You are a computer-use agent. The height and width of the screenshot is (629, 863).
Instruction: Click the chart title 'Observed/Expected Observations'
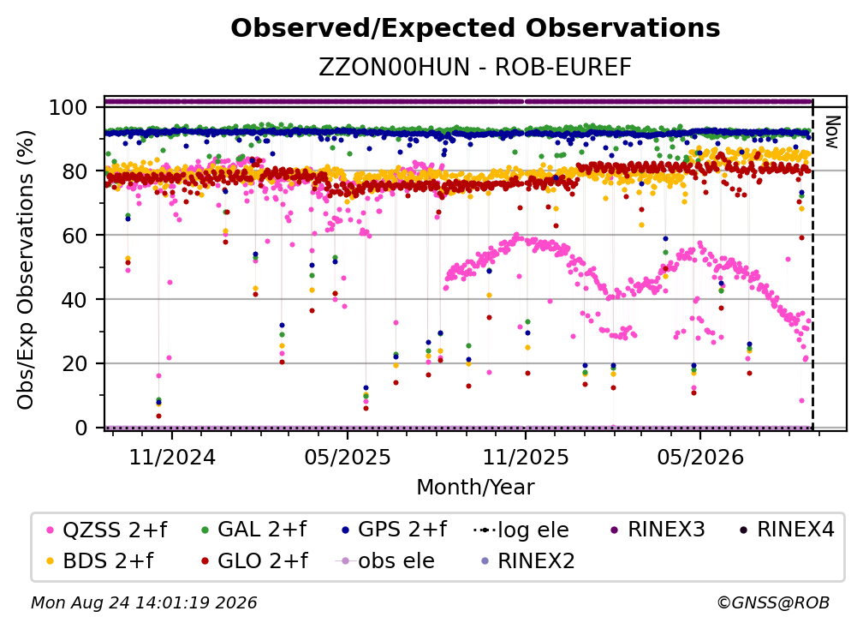point(475,28)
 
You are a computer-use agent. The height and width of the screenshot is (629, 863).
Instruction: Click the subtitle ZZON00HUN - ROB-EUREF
point(475,67)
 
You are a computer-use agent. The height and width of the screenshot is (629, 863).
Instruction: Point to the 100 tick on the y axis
point(68,107)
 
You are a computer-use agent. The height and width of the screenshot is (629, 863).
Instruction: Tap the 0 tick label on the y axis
point(81,428)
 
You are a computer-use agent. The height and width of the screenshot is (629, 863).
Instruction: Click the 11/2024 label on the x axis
point(172,457)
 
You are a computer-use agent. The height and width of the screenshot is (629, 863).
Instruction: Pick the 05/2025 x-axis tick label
point(348,457)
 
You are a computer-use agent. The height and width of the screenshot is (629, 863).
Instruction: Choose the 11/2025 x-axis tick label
point(526,457)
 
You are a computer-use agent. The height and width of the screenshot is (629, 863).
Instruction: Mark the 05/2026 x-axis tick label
point(700,457)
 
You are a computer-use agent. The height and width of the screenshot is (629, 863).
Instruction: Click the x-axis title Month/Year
point(475,487)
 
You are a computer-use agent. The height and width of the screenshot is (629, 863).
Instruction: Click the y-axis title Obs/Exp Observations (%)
point(26,270)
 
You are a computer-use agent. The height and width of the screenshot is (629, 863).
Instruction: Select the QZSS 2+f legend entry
point(107,530)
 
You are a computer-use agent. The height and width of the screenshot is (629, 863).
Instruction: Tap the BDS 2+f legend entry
point(100,560)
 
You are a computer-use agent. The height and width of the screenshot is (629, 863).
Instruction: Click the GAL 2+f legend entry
point(253,530)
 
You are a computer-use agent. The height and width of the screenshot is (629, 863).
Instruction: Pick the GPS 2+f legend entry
point(394,530)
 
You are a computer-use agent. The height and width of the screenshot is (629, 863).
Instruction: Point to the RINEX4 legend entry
point(787,530)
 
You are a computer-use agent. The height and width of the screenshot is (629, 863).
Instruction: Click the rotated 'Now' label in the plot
point(831,132)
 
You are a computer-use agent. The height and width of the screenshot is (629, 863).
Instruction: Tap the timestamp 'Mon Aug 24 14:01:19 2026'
point(144,603)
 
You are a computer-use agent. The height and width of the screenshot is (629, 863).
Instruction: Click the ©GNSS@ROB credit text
point(773,603)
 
